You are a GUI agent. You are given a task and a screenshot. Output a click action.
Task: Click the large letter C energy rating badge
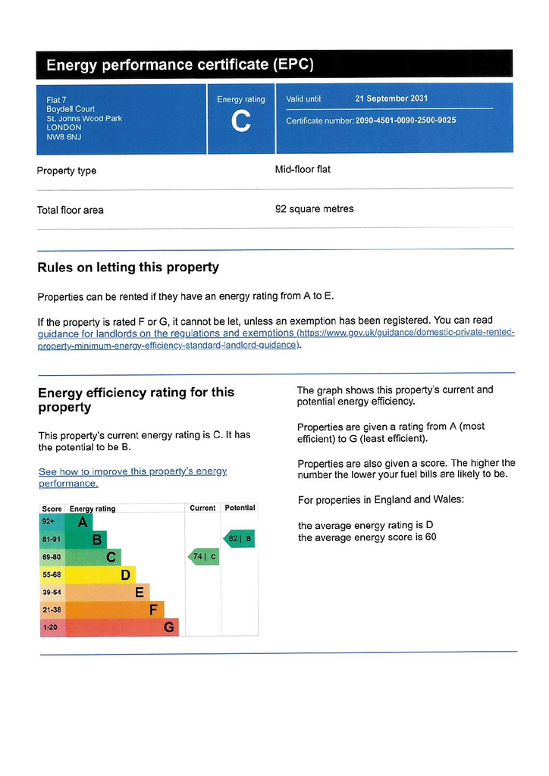coord(240,121)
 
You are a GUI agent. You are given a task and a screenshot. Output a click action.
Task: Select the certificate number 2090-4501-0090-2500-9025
coord(406,120)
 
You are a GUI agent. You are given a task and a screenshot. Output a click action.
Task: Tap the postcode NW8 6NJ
coord(64,137)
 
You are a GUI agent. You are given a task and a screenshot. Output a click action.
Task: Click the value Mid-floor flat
coord(303,170)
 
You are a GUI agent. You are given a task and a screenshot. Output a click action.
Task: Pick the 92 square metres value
coord(314,209)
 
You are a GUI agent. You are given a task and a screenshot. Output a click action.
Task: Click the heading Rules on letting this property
coord(128,268)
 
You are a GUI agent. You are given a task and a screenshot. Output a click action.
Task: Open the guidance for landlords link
coord(165,333)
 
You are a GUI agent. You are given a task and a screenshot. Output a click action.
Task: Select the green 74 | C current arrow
coord(203,557)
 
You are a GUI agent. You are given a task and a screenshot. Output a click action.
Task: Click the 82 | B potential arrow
coord(239,539)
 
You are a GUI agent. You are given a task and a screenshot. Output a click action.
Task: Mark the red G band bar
coord(122,627)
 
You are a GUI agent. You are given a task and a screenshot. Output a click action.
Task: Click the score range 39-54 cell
coord(52,592)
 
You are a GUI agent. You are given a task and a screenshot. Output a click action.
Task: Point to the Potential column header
coord(240,508)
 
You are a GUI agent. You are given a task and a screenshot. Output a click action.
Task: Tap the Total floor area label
coord(71,210)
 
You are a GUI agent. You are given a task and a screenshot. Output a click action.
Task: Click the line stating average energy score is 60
coord(367,538)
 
